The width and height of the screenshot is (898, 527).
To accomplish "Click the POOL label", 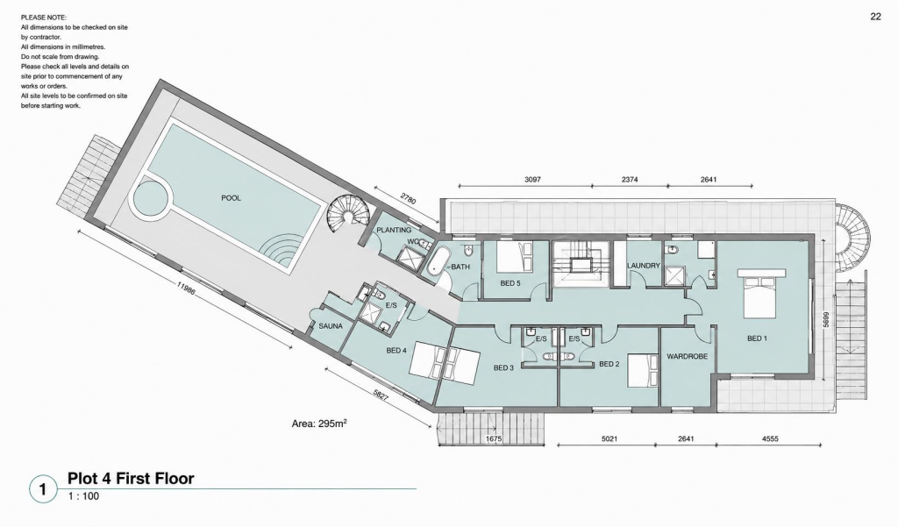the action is (231, 198).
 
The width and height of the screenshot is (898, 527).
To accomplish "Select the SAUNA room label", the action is (331, 326).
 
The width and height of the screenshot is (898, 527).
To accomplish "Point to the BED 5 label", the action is (510, 283).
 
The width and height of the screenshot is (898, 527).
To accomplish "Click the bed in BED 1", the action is (760, 293).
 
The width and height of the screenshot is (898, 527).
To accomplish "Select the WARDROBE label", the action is (688, 356).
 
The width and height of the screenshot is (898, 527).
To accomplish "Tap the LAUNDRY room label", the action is (644, 266).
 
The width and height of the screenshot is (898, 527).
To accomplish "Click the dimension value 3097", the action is (532, 179).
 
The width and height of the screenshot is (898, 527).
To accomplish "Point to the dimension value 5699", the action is (826, 320).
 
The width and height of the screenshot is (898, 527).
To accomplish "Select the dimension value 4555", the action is (770, 439).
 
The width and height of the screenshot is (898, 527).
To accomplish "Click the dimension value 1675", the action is (494, 439).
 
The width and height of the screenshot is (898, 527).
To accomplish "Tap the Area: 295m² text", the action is (319, 424).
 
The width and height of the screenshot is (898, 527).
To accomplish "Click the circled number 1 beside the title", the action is (43, 490).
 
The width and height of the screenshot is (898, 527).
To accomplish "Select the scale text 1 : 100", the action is (83, 496).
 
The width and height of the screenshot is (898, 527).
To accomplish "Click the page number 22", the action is (876, 17).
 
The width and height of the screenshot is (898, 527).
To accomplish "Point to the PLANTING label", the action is (394, 231).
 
